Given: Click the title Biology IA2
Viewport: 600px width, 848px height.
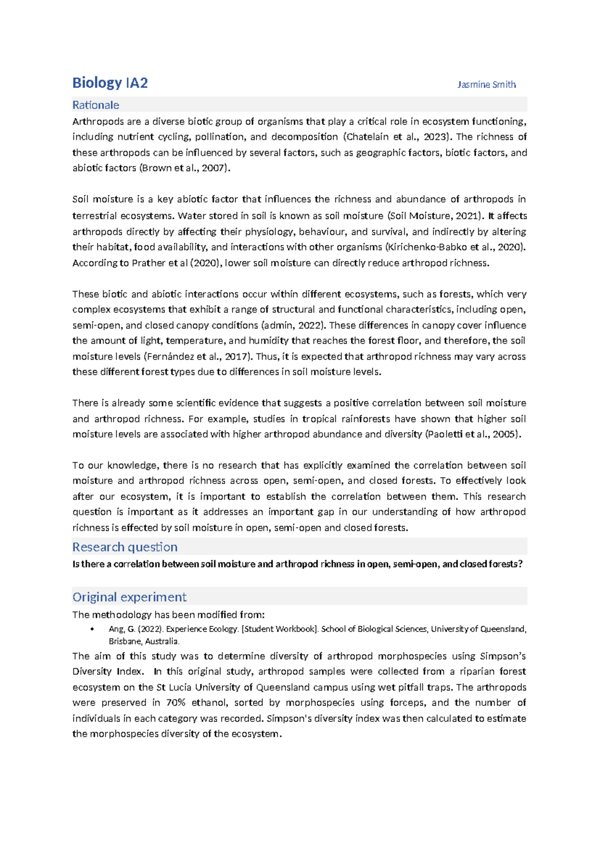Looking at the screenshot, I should (x=110, y=83).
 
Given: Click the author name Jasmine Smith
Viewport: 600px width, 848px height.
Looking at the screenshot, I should (x=486, y=84).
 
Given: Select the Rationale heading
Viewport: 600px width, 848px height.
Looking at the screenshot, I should (x=95, y=105).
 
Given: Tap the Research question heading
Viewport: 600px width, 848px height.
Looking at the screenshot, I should (x=124, y=547).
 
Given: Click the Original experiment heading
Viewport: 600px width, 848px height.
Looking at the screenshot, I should (x=129, y=597).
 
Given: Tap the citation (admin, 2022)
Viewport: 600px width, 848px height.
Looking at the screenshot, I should (x=293, y=325).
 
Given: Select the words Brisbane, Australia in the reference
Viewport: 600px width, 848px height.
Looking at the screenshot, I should (x=144, y=641).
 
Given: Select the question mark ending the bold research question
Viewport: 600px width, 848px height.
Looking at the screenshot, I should (x=520, y=564).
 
